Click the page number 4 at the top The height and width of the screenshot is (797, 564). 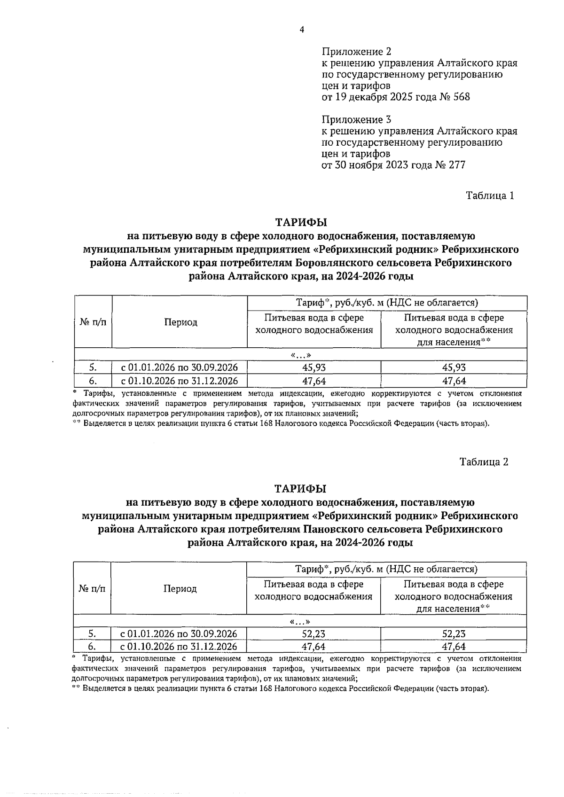click(302, 30)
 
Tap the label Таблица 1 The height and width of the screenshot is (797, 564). click(490, 195)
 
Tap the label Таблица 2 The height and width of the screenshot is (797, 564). click(484, 462)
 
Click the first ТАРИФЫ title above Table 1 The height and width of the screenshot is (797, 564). click(301, 222)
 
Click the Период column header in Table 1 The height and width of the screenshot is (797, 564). click(180, 322)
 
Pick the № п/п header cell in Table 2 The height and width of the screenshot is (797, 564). click(92, 589)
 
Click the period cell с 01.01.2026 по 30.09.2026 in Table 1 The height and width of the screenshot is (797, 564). click(180, 367)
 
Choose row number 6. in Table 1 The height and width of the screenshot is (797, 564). click(93, 381)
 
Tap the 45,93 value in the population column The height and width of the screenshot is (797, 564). click(454, 367)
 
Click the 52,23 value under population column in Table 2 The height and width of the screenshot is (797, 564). click(454, 633)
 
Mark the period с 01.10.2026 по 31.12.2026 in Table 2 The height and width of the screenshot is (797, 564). click(179, 647)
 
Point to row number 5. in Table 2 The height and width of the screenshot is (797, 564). click(92, 633)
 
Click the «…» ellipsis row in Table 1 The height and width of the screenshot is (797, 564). click(301, 355)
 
